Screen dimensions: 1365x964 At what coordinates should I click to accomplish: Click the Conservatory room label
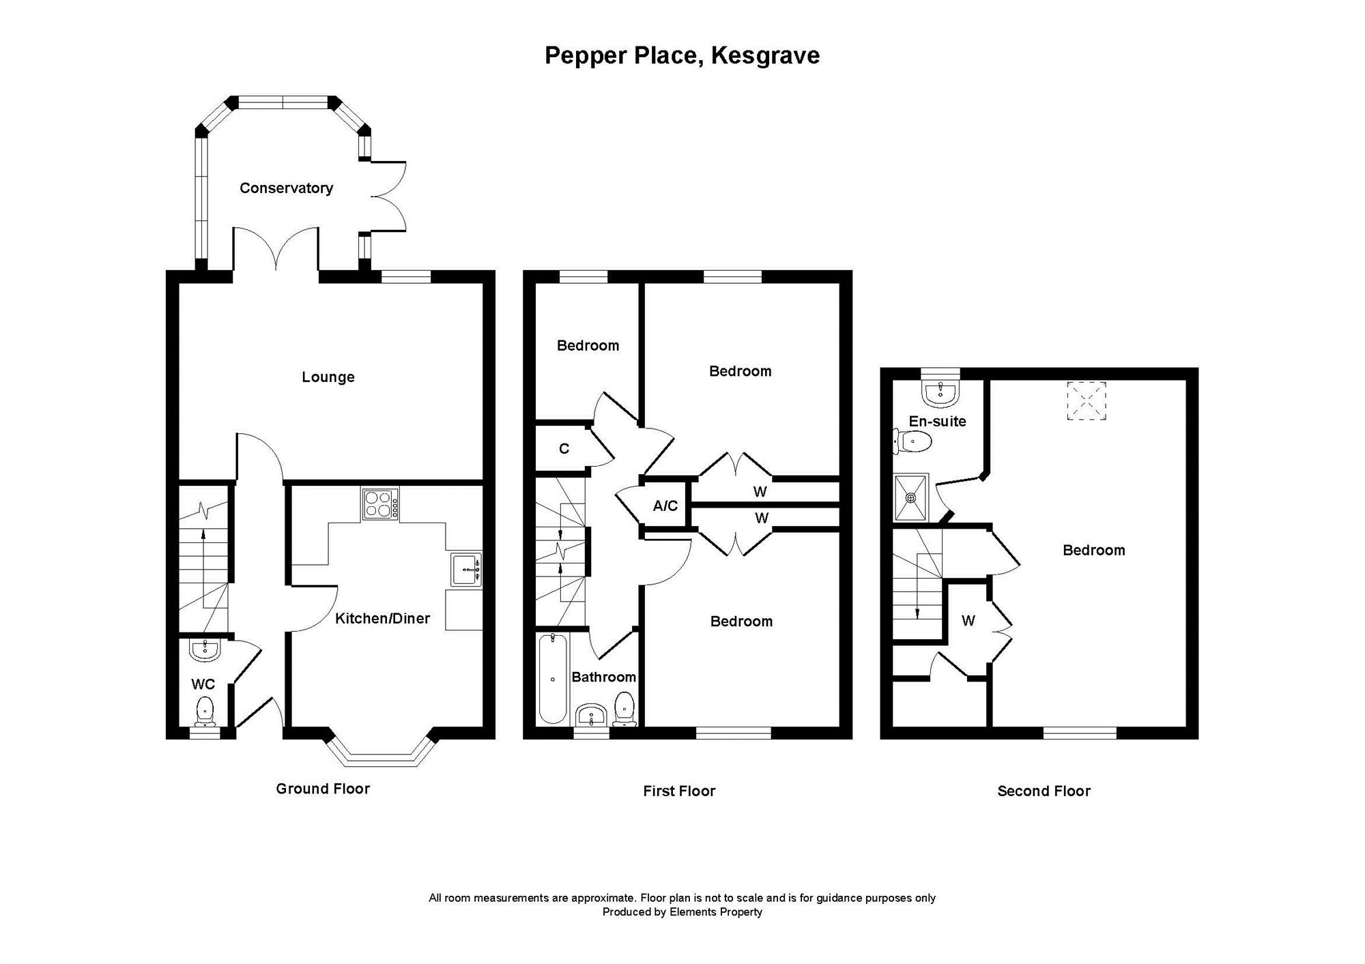coord(286,188)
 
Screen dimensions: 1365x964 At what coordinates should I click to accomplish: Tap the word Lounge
coord(328,377)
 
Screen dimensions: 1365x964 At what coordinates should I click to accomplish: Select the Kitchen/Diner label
coord(382,618)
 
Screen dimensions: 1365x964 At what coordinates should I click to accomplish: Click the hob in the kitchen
coord(380,506)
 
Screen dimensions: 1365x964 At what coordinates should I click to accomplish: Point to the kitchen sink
coord(466,569)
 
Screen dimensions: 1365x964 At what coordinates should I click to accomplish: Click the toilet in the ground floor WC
coord(204,711)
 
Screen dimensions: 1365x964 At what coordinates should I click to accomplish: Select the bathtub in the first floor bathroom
coord(553,678)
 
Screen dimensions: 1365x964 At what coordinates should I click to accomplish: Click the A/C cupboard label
coord(665,506)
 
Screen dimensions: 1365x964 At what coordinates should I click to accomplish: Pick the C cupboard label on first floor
coord(564,449)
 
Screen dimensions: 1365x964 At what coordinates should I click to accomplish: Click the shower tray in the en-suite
coord(910,498)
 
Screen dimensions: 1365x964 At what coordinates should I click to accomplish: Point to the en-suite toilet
coord(913,442)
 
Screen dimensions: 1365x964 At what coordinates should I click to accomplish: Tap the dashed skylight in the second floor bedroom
coord(1086,400)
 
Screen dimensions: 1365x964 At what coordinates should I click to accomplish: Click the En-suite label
coord(937,422)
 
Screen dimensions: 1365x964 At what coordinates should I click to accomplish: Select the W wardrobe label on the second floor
coord(968,621)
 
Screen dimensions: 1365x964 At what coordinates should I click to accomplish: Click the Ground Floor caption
coord(323,789)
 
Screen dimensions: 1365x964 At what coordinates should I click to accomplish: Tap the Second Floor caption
coord(1044,791)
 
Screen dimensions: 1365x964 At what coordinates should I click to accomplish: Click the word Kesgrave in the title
coord(765,56)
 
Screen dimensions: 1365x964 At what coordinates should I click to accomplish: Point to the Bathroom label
coord(604,677)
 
